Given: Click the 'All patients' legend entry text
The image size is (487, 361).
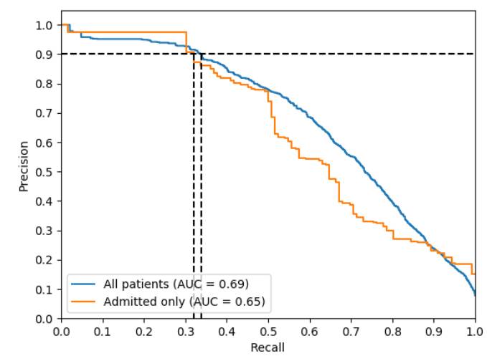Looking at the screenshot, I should coord(176,283).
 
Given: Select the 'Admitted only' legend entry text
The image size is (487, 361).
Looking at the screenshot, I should coord(184,301).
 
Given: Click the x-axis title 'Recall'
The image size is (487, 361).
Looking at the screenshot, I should coord(268,348).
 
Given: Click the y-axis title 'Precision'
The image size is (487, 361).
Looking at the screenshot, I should coord(24,165).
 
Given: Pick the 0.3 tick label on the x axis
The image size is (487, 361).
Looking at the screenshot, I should coord(185,332).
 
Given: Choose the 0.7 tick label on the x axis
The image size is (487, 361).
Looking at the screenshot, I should coord(351,332).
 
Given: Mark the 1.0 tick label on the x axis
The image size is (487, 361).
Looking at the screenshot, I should coord(475,332).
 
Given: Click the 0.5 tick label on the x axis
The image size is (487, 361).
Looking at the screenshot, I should coord(268,332).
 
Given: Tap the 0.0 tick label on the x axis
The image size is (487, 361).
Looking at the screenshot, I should coord(62,332).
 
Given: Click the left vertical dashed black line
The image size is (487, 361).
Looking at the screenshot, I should coord(194,215).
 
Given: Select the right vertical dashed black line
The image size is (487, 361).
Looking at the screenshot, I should coord(201,215).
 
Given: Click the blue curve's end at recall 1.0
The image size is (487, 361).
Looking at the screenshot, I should coord(475,294).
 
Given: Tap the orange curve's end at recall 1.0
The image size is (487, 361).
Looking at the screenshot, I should coord(474,273).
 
